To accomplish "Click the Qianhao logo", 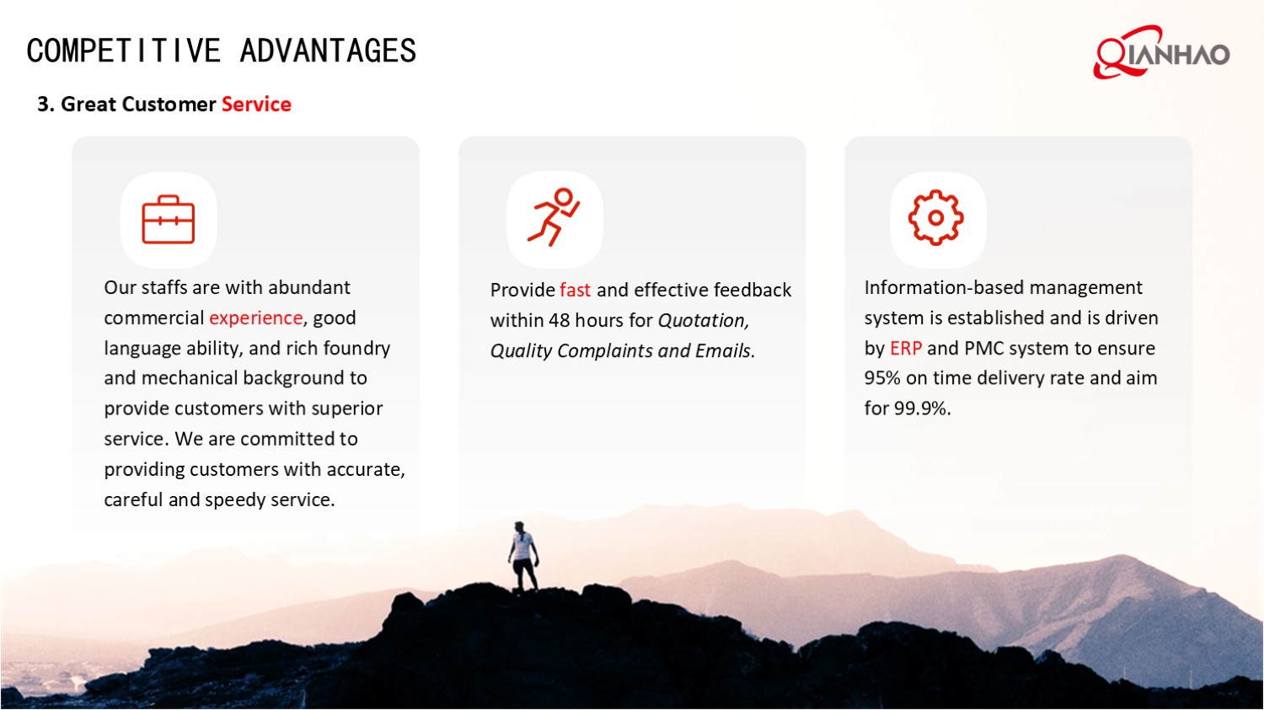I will [1160, 53].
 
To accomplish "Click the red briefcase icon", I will [169, 220].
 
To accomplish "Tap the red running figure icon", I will [554, 217].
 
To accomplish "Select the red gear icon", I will [935, 217].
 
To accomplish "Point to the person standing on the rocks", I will [523, 556].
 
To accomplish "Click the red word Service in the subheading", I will [256, 104].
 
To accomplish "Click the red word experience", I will [255, 318].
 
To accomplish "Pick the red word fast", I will [575, 291].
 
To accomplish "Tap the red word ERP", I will [906, 349].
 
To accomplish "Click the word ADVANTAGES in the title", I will [328, 51].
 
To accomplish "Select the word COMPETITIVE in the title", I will [123, 51].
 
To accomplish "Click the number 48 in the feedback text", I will [559, 321].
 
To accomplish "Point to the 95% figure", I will [881, 378].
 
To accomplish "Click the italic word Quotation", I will [703, 321].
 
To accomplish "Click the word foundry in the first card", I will [356, 349].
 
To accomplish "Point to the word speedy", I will [235, 500].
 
